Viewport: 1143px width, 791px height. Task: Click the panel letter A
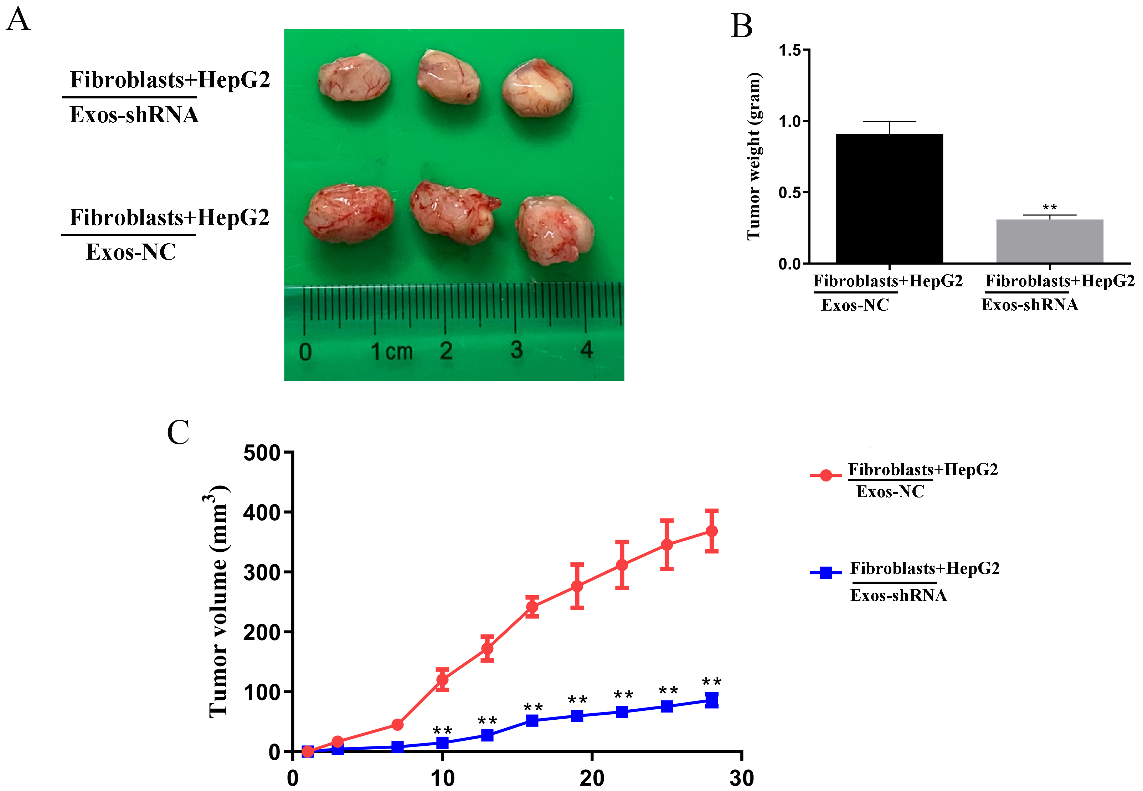(x=18, y=20)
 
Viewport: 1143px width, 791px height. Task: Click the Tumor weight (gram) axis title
(x=754, y=156)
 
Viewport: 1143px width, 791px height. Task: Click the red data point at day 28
(x=712, y=531)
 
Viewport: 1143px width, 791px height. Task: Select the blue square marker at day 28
(x=712, y=700)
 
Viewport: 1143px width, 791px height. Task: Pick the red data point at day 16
(x=532, y=606)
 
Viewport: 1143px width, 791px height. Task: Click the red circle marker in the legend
(x=825, y=476)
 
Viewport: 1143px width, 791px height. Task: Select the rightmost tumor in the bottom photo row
(x=555, y=229)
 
